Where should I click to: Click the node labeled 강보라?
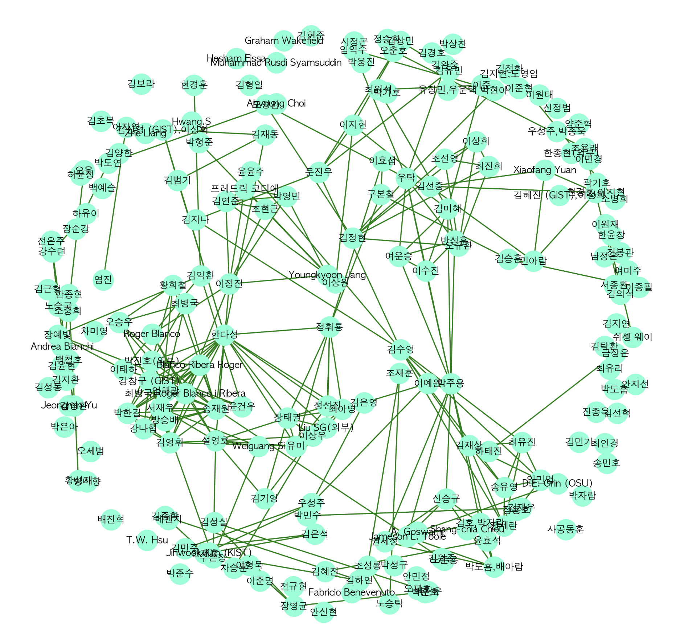tap(141, 84)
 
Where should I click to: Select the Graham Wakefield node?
tap(284, 41)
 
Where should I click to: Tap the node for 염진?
tap(103, 280)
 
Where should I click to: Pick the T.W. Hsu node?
tap(147, 540)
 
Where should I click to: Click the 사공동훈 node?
tap(565, 529)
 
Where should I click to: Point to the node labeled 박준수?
tap(180, 573)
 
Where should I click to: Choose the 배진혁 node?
tap(111, 519)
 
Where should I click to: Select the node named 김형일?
tap(249, 85)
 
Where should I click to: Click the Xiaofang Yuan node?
tap(544, 170)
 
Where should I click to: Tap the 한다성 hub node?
tap(225, 334)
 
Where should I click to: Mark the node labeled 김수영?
tap(401, 349)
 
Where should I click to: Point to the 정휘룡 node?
tap(329, 327)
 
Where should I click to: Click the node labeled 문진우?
tap(319, 172)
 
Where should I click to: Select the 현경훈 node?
tap(194, 85)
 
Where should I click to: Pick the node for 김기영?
tap(265, 498)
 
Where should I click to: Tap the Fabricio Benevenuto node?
tap(352, 593)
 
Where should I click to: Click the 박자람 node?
tap(582, 495)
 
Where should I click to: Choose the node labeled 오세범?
tap(90, 451)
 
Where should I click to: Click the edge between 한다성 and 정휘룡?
tap(277, 331)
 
